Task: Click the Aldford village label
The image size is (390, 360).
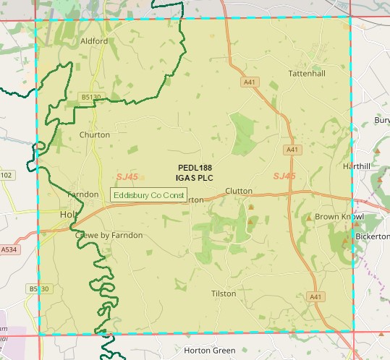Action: [x=94, y=41]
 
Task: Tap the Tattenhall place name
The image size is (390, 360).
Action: [x=304, y=74]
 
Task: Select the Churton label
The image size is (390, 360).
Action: [x=95, y=134]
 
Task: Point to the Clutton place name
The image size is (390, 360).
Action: [x=239, y=191]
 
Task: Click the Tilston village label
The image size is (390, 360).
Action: [x=224, y=293]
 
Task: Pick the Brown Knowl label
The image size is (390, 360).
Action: [x=334, y=217]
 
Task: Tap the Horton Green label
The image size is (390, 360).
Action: [x=210, y=351]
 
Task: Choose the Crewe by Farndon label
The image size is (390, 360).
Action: [x=109, y=235]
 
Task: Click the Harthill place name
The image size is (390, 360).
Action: [x=357, y=166]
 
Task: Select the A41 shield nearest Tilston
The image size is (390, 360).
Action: [x=315, y=296]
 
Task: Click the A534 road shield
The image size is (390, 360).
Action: [x=9, y=249]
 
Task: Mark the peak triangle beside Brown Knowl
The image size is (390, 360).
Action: [x=308, y=217]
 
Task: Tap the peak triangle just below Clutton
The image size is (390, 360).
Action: [x=251, y=207]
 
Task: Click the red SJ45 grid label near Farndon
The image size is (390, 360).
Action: [x=127, y=176]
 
